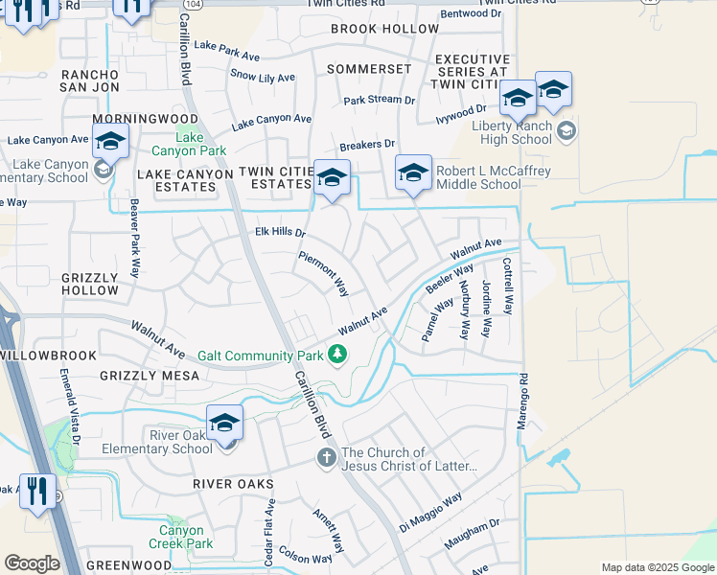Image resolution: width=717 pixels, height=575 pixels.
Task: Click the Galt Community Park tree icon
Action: (337, 356)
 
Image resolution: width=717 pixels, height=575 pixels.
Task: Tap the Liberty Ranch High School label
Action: (512, 132)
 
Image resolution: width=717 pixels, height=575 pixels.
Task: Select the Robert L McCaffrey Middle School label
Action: (478, 178)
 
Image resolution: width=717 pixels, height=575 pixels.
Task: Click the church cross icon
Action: (326, 459)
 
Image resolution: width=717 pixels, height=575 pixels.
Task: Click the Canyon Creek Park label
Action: (181, 537)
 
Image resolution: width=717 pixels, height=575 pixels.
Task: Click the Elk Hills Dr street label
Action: (280, 233)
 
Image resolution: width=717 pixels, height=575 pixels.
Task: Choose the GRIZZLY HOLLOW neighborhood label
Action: (89, 284)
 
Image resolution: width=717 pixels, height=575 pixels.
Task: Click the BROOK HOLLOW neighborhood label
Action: (384, 29)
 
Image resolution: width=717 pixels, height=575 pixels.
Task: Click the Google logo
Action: (32, 563)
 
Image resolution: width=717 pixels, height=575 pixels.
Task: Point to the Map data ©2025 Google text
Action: (657, 567)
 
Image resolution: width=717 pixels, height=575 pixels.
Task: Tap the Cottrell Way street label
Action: (507, 285)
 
